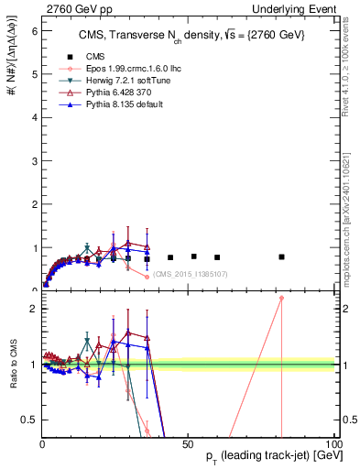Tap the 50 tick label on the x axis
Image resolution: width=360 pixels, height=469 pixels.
coord(189,444)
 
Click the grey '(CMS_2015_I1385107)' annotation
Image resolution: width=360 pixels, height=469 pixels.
coord(190,275)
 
